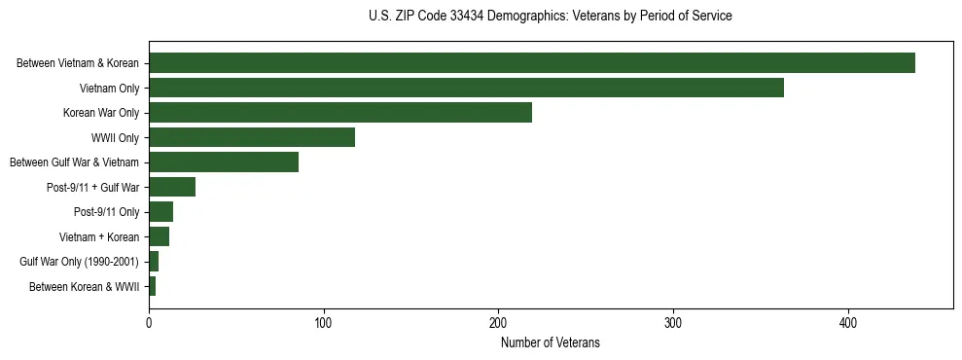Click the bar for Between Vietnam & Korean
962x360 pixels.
(532, 63)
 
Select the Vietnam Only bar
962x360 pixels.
(466, 88)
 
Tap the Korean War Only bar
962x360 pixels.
(340, 113)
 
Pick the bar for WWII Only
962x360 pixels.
(252, 137)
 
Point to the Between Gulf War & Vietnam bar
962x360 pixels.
(224, 162)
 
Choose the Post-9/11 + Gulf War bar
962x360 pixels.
(172, 187)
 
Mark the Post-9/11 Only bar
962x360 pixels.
(160, 212)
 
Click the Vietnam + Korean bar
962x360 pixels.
(159, 236)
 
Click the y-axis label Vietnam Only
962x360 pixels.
(109, 89)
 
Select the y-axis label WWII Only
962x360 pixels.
(115, 138)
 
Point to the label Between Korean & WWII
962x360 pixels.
(85, 287)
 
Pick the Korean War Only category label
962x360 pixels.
(101, 114)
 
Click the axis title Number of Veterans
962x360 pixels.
(550, 342)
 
